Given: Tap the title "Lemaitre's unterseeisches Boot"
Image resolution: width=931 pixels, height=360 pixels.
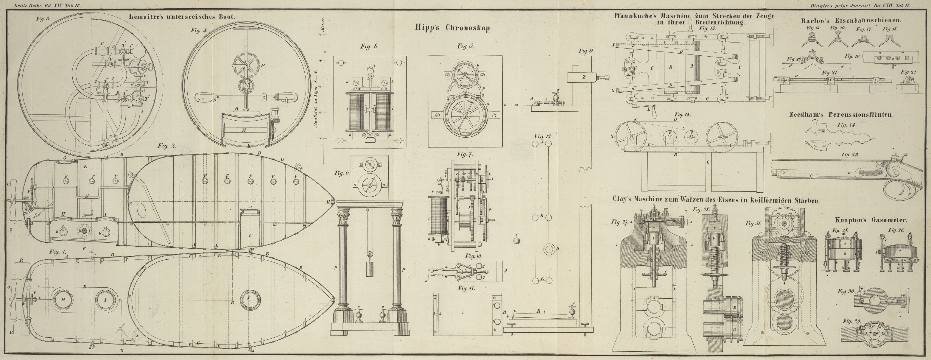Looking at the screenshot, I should coord(182,17).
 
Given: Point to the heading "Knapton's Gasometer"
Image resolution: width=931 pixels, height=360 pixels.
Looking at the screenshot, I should coord(867,220).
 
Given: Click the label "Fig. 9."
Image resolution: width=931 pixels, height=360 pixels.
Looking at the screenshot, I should coord(586,51).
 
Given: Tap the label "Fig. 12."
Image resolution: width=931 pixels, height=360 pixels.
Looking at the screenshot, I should coord(543,136).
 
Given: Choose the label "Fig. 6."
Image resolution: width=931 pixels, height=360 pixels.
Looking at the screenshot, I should coord(342,173).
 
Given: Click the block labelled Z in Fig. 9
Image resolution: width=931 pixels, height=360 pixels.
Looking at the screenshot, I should coord(583,77).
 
